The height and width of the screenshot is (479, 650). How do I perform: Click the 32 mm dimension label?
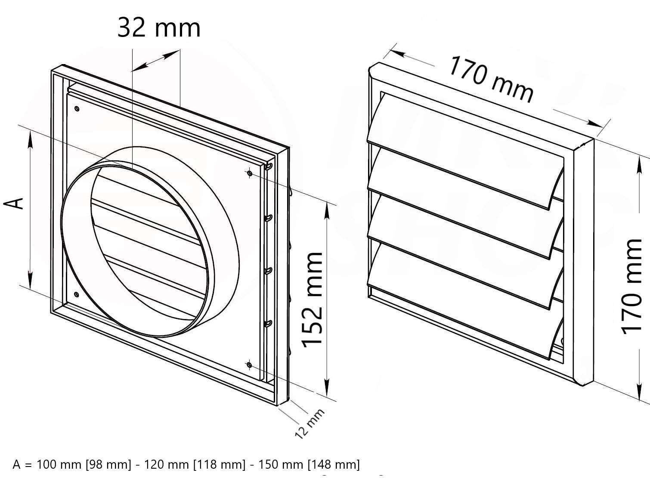click(x=159, y=28)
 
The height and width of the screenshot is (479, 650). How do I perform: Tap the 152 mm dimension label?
click(x=313, y=299)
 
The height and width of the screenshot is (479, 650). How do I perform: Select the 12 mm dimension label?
click(x=310, y=424)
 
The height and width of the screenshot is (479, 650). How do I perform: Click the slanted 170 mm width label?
click(x=491, y=80)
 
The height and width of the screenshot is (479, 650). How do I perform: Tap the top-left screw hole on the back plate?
click(x=77, y=109)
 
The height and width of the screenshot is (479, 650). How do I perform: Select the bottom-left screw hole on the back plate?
click(x=77, y=295)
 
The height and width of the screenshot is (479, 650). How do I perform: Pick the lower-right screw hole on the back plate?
click(x=249, y=365)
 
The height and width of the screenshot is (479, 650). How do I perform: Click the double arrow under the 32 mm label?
click(x=156, y=60)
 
